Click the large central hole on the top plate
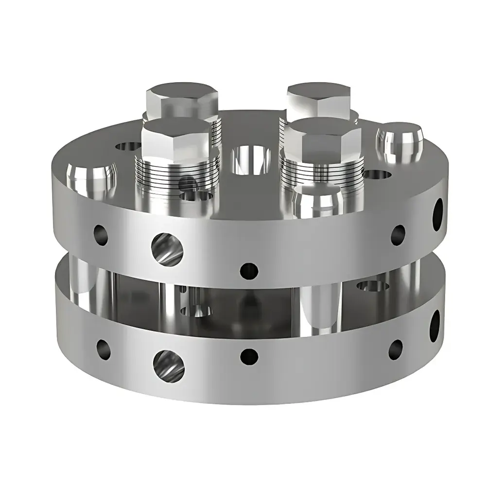point(251,159)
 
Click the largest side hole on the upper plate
point(168,247)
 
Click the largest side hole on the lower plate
point(169,364)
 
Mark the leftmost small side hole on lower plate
point(104,348)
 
